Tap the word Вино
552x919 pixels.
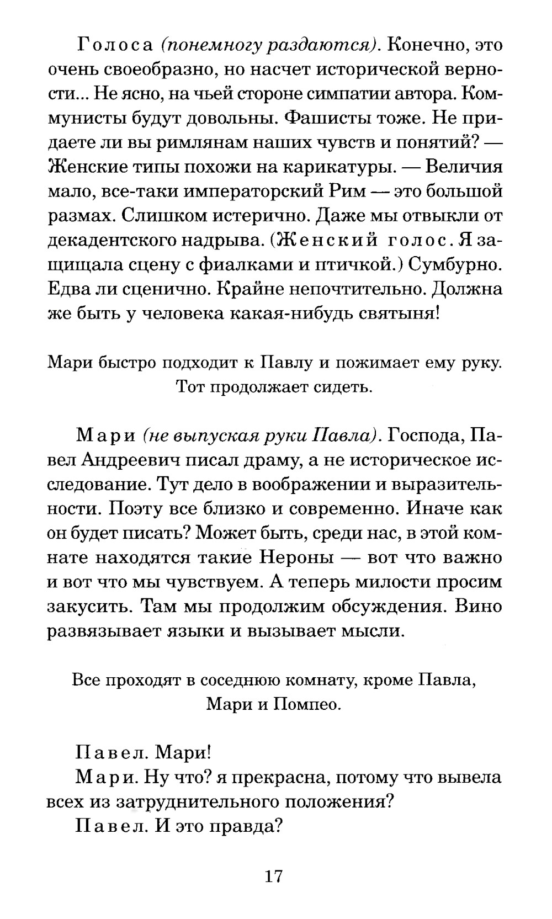point(480,606)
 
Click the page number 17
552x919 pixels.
point(274,876)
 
